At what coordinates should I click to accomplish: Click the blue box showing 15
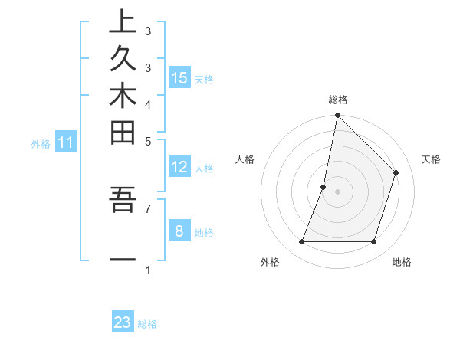tap(179, 77)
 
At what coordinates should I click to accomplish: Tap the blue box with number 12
tap(179, 167)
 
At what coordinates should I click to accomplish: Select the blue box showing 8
tap(179, 231)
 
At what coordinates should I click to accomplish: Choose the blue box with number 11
tap(66, 142)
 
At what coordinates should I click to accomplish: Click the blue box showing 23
tap(123, 322)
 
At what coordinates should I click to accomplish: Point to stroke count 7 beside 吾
tap(148, 208)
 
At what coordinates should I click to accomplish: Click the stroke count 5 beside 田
tap(148, 140)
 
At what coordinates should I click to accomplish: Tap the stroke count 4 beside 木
tap(148, 103)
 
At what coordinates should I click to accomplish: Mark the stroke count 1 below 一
tap(148, 270)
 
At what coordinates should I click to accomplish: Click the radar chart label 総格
tap(337, 100)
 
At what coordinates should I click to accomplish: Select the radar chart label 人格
tap(245, 159)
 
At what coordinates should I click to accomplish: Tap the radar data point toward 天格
tap(396, 172)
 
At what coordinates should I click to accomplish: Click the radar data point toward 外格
tap(302, 242)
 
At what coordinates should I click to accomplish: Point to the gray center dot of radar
tap(337, 191)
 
